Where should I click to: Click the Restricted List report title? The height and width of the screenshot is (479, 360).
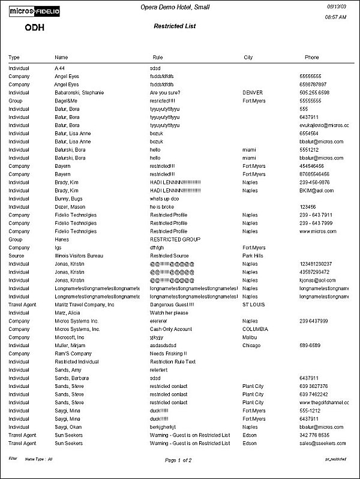coord(175,26)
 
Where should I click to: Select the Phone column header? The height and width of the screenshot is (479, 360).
coord(313,58)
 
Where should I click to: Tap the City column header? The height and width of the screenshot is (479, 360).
coord(248,58)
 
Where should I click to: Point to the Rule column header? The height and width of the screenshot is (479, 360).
coord(158,58)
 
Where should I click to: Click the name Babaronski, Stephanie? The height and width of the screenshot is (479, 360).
coord(79,93)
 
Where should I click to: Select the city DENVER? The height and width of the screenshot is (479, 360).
coord(253,93)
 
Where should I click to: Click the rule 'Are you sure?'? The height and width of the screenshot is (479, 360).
coord(166,93)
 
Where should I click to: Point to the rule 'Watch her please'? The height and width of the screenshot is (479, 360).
coord(169,312)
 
